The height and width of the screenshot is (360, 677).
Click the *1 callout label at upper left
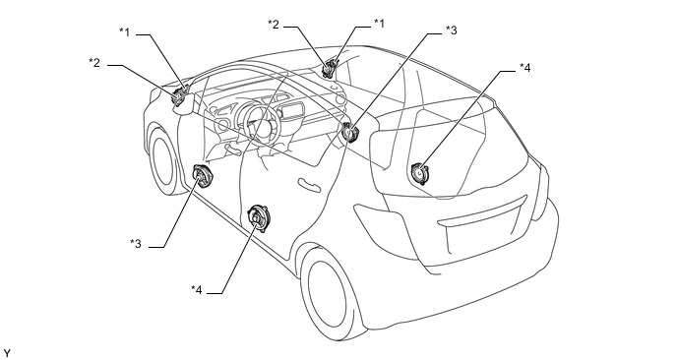pyautogui.click(x=124, y=31)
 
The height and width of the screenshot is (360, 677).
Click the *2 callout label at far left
pyautogui.click(x=94, y=63)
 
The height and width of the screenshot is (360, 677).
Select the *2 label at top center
pyautogui.click(x=274, y=25)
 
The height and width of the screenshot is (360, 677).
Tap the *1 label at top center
pyautogui.click(x=379, y=23)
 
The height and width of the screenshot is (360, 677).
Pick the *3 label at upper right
pyautogui.click(x=452, y=30)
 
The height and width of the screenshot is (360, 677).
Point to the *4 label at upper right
pyautogui.click(x=524, y=67)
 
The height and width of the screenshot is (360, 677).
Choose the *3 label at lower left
pyautogui.click(x=136, y=244)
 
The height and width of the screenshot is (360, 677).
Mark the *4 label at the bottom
pyautogui.click(x=197, y=289)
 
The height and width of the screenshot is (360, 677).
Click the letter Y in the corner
pyautogui.click(x=6, y=353)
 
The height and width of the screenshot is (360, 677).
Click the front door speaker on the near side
pyautogui.click(x=202, y=176)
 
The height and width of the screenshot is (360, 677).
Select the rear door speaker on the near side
pyautogui.click(x=258, y=218)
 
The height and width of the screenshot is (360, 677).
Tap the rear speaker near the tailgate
pyautogui.click(x=419, y=173)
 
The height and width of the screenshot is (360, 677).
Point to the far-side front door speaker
pyautogui.click(x=349, y=131)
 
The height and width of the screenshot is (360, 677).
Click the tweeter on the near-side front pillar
pyautogui.click(x=180, y=96)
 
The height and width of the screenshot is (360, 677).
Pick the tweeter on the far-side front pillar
pyautogui.click(x=331, y=68)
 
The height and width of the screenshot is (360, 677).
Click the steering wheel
pyautogui.click(x=258, y=122)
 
